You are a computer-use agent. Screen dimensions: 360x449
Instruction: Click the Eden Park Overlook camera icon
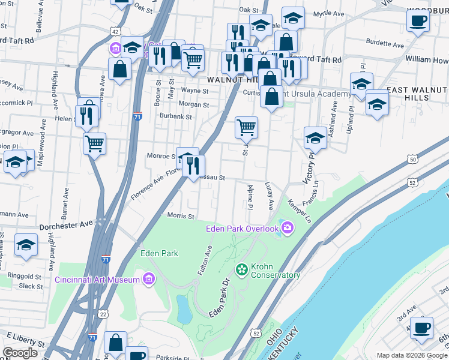[288, 227]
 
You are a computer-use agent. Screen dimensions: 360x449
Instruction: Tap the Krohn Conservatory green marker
[242, 270]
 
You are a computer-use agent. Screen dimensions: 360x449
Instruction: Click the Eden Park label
[159, 253]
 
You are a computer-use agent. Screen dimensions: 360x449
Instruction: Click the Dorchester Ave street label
[66, 225]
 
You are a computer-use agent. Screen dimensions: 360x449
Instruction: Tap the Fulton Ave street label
[205, 263]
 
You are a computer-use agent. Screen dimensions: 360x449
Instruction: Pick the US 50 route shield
[412, 159]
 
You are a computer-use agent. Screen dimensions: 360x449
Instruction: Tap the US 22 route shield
[103, 314]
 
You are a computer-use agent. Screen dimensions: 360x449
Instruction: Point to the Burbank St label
[176, 117]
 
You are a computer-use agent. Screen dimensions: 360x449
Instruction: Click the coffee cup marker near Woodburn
[418, 20]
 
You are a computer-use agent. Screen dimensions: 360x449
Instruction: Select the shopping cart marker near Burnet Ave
[94, 143]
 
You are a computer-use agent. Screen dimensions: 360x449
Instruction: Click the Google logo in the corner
[20, 353]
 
